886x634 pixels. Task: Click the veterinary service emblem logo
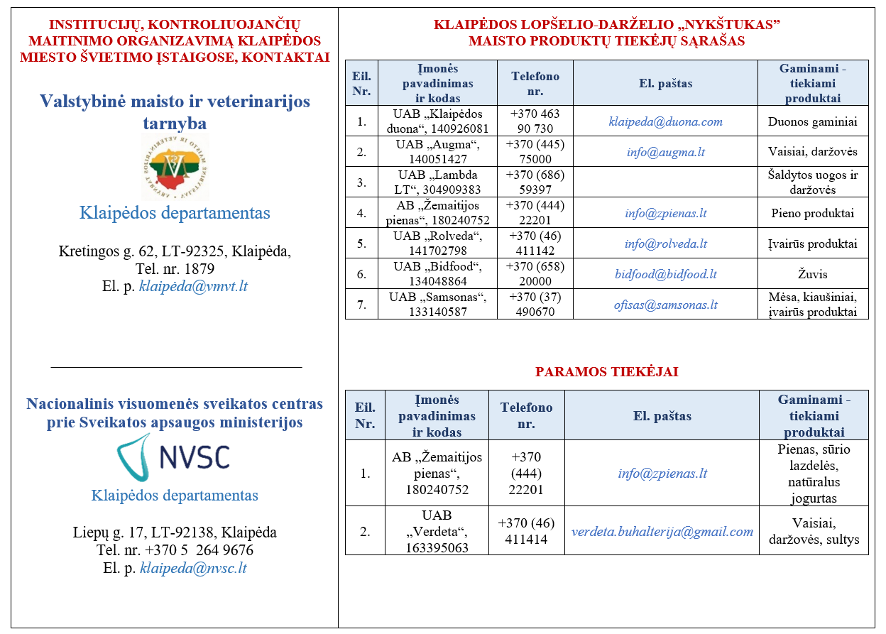click(x=175, y=168)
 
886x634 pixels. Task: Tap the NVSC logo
click(x=173, y=457)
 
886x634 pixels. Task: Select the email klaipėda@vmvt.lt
click(x=193, y=287)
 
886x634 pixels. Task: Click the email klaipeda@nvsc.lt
click(x=193, y=568)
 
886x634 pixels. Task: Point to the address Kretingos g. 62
click(x=174, y=251)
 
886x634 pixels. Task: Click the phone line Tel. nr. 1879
click(x=175, y=269)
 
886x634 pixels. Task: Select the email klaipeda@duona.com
click(x=665, y=121)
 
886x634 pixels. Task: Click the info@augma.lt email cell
click(x=665, y=152)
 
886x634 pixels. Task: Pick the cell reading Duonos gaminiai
click(x=813, y=121)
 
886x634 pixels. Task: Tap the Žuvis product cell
click(x=813, y=274)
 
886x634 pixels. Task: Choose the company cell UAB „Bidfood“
click(x=439, y=274)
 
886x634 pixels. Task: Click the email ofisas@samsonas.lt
click(x=665, y=305)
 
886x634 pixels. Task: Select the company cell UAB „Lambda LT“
click(x=439, y=182)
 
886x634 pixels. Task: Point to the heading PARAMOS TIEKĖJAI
click(x=606, y=372)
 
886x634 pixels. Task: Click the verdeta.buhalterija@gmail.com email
click(x=662, y=531)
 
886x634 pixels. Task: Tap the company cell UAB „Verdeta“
click(x=436, y=531)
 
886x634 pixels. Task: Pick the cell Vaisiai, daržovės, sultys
click(x=814, y=531)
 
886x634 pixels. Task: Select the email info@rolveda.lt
click(x=665, y=244)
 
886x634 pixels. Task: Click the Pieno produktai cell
click(x=813, y=213)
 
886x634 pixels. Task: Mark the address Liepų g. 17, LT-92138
click(x=175, y=532)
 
